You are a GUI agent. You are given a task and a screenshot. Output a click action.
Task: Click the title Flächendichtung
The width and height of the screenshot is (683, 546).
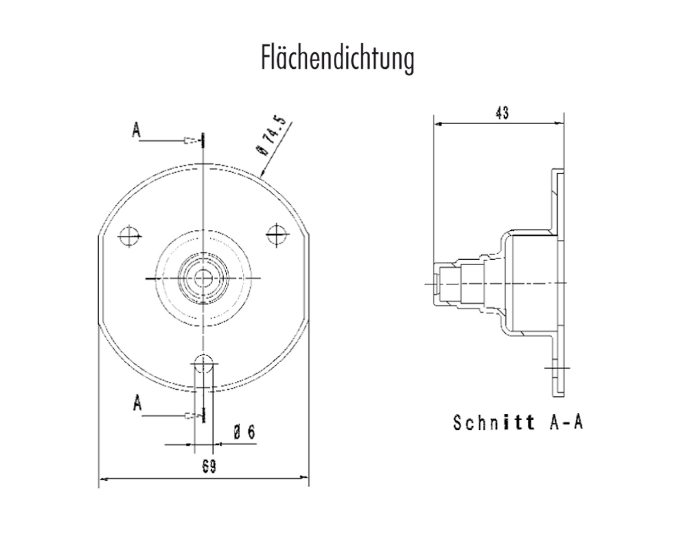(x=337, y=58)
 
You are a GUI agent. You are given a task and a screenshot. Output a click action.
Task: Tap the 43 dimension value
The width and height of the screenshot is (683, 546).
(x=502, y=113)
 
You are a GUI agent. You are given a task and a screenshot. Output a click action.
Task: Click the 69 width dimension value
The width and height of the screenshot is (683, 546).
(x=209, y=467)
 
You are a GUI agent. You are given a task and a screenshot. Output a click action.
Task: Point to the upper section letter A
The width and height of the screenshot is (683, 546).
(x=137, y=130)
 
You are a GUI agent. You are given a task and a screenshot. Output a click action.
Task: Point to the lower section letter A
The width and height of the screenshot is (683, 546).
(x=137, y=404)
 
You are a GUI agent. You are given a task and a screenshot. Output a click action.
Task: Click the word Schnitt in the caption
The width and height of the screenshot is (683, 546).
(x=494, y=422)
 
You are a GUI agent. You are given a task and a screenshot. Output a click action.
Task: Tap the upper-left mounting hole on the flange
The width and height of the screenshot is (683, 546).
(x=129, y=236)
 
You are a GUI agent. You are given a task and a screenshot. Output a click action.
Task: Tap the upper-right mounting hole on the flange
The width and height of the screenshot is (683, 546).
(x=275, y=235)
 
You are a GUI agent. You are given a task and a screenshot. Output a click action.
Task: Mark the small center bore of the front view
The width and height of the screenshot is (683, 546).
(x=203, y=278)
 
